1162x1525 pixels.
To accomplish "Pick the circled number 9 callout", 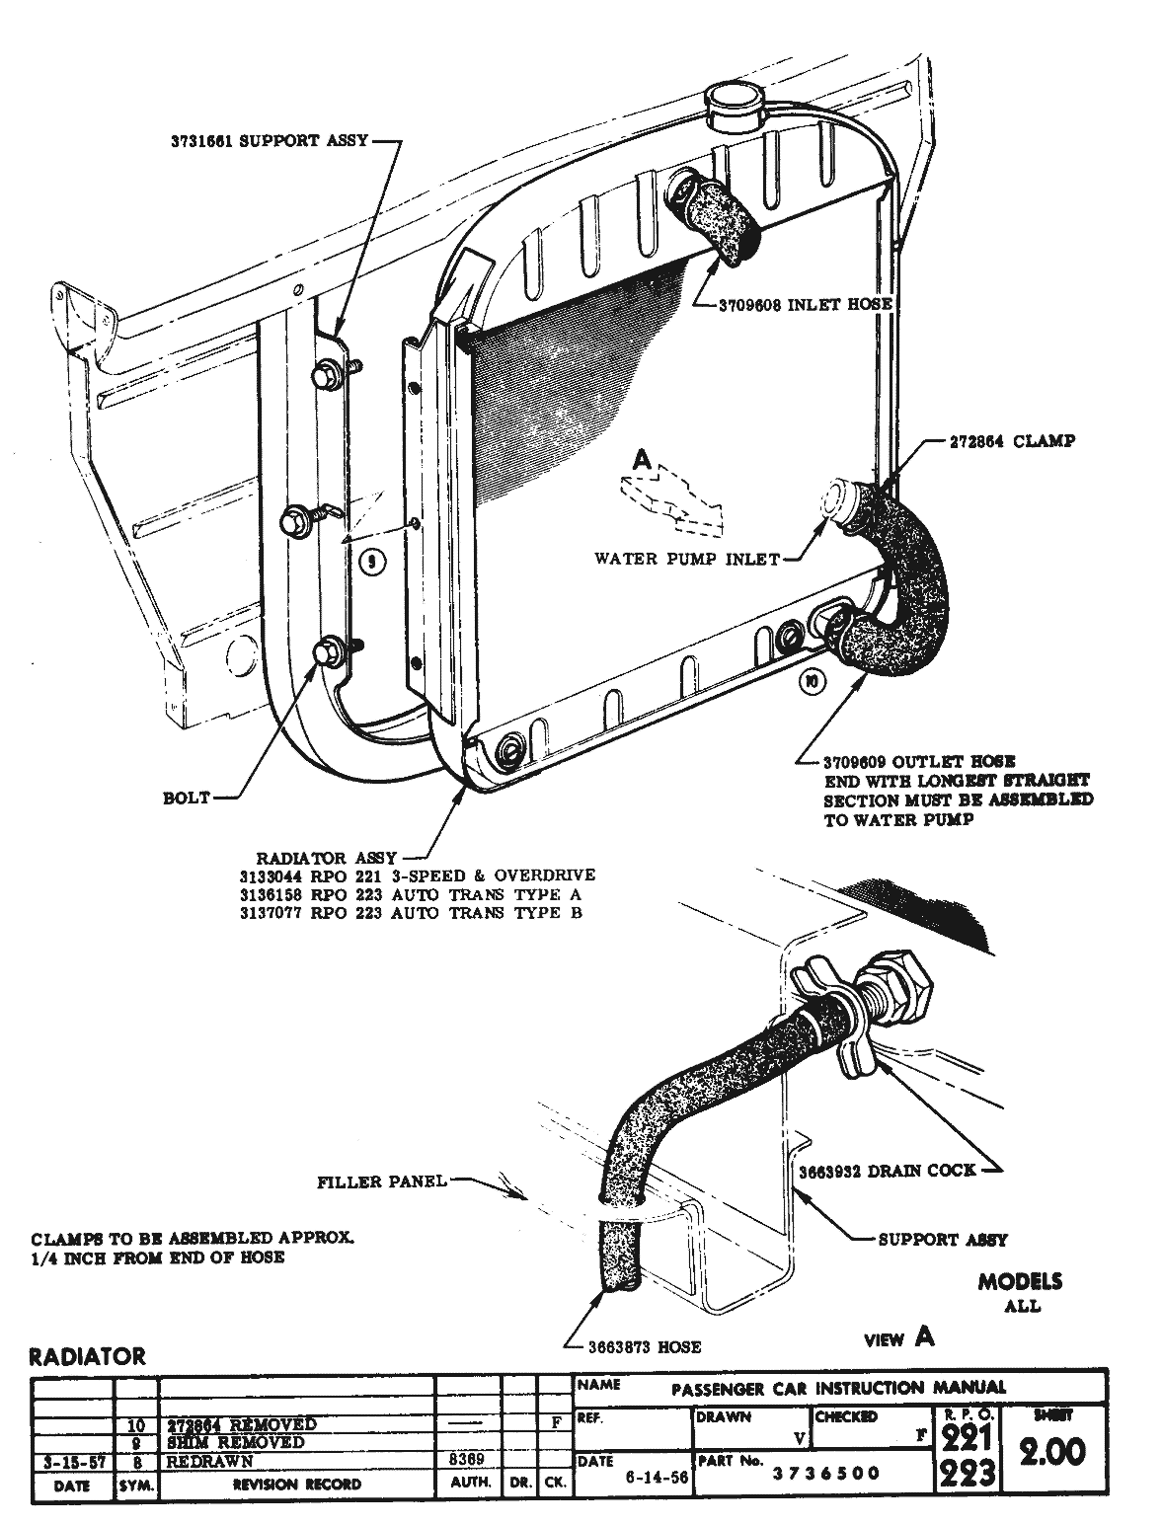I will pyautogui.click(x=371, y=563).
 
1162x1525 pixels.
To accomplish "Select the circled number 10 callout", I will pyautogui.click(x=812, y=681).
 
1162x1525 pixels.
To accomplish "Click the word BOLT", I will pyautogui.click(x=187, y=798).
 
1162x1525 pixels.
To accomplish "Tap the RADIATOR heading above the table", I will pyautogui.click(x=87, y=1357).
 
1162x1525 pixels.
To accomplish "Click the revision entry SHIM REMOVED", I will pyautogui.click(x=223, y=1442).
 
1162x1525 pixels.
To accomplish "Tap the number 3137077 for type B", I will pyautogui.click(x=272, y=913).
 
